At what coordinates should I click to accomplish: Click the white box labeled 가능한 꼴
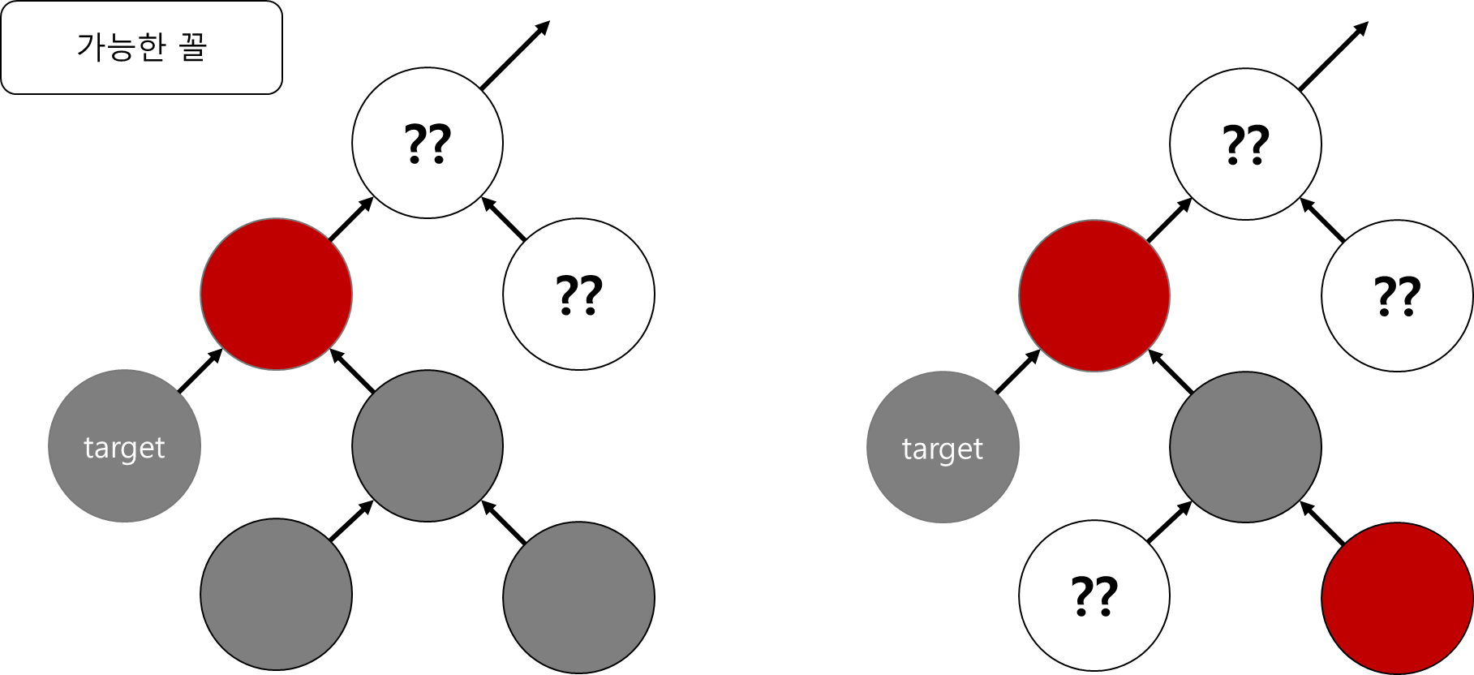coord(141,47)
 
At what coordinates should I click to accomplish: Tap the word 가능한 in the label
coord(121,47)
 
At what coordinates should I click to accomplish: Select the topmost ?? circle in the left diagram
coord(428,143)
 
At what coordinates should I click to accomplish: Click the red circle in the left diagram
coord(277,294)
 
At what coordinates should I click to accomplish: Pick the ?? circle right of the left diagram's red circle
coord(578,294)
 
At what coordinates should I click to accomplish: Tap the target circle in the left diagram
coord(124,445)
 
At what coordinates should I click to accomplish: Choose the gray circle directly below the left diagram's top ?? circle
coord(428,445)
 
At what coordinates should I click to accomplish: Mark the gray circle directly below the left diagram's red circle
coord(277,594)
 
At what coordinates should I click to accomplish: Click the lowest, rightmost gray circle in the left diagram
coord(578,597)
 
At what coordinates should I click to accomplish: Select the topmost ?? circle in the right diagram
coord(1245,144)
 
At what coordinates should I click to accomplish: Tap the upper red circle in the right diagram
coord(1094,295)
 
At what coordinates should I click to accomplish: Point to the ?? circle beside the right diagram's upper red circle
coord(1397,295)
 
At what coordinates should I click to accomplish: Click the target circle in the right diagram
coord(943,447)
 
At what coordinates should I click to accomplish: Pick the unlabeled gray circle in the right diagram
coord(1245,447)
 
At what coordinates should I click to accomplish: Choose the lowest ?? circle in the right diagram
coord(1094,595)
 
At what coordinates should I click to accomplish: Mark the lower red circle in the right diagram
coord(1397,599)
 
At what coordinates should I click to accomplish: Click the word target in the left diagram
coord(124,448)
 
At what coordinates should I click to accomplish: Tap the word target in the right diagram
coord(943,449)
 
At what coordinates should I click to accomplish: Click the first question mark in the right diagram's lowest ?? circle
coord(1083,595)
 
